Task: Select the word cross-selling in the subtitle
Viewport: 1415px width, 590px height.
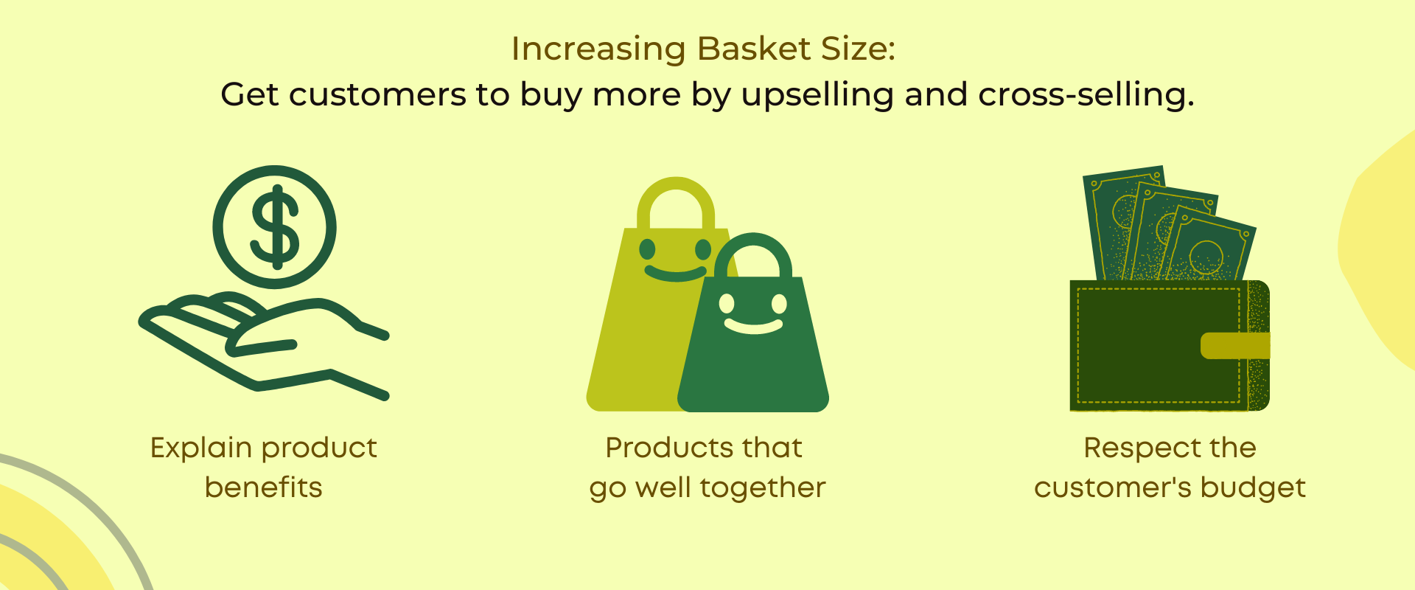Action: coord(1086,95)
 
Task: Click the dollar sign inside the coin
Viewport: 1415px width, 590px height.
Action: coord(275,226)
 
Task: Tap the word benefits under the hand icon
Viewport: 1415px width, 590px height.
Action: coord(263,487)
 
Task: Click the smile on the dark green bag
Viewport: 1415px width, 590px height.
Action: coord(753,325)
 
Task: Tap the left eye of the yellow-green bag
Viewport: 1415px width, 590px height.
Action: coord(647,249)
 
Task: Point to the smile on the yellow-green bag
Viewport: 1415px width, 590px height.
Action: coord(674,274)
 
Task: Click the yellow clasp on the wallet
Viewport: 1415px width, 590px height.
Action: coord(1235,346)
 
